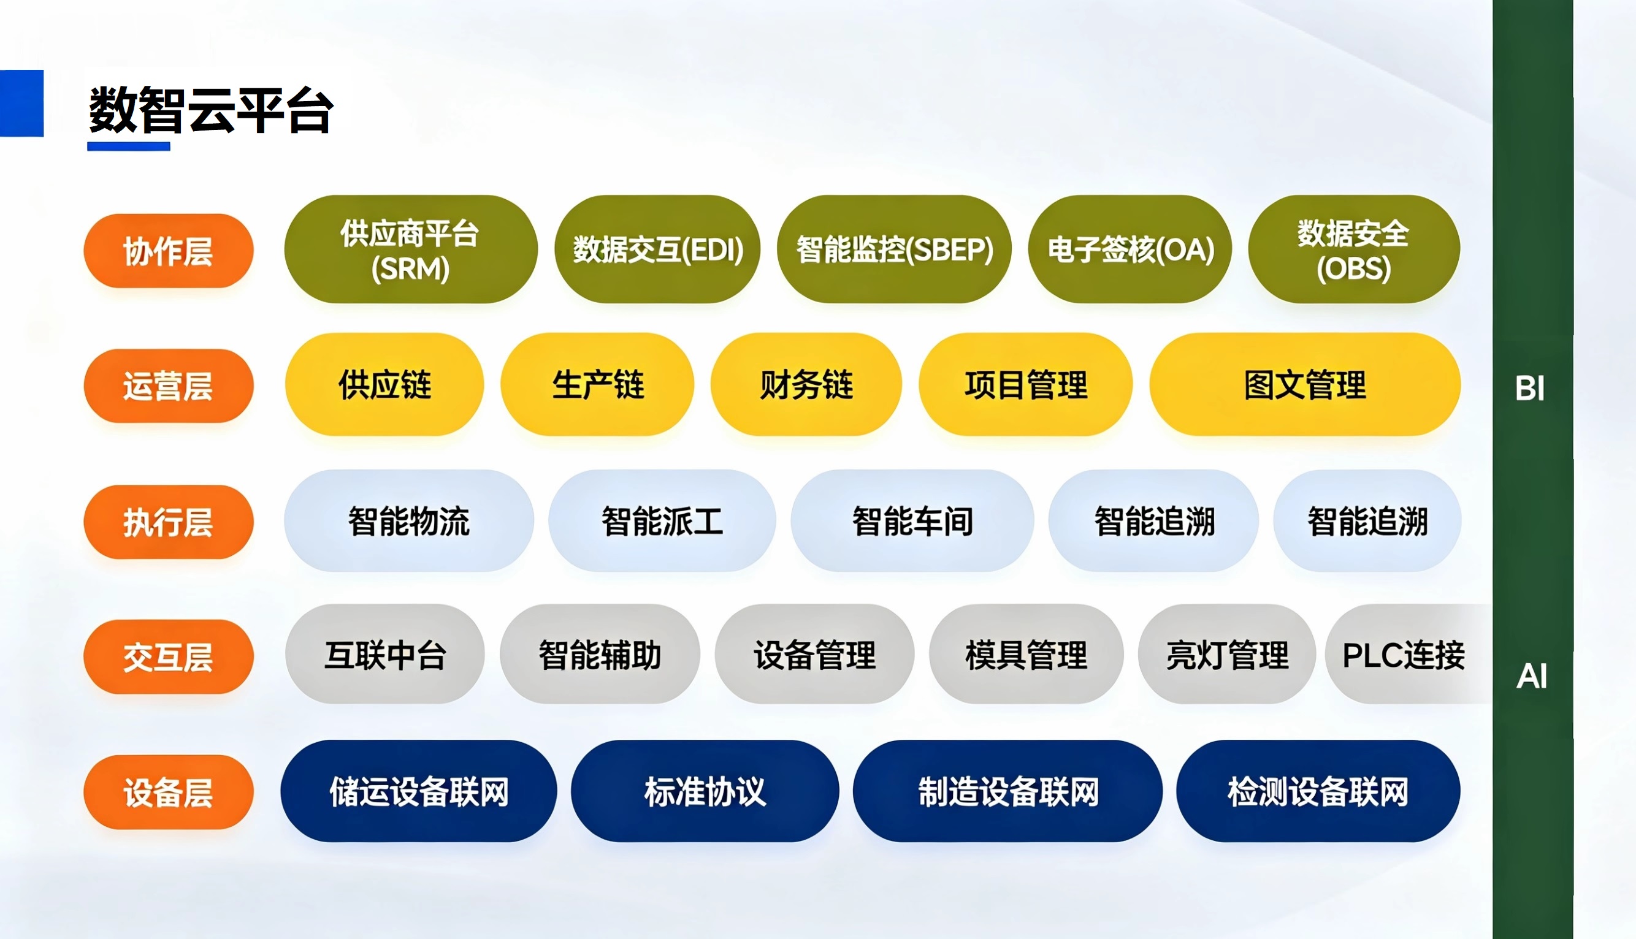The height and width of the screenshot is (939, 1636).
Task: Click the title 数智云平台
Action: [211, 110]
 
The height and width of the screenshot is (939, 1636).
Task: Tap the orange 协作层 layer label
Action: [169, 251]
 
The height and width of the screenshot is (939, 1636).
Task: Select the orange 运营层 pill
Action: [169, 386]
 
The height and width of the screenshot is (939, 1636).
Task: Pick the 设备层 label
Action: [169, 792]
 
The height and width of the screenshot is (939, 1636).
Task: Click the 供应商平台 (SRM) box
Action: [410, 249]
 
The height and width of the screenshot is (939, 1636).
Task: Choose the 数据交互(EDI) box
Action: [657, 249]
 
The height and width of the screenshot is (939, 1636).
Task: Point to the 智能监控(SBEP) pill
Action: [894, 249]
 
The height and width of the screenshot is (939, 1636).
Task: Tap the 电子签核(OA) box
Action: [1130, 249]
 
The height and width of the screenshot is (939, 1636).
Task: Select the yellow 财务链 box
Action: [806, 384]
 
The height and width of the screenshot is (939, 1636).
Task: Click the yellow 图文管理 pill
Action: [1305, 384]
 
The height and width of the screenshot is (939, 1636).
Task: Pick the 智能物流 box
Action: [409, 520]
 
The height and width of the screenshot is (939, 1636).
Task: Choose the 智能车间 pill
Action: [912, 520]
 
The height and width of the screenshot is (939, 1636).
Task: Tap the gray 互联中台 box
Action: [385, 654]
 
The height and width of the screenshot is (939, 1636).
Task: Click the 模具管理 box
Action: [1026, 654]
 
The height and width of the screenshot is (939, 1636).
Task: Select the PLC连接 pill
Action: [1406, 654]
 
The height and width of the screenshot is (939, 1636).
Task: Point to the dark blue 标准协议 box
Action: [705, 791]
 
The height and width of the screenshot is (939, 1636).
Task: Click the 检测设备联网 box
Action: [1318, 791]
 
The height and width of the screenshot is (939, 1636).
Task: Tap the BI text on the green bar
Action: [1530, 389]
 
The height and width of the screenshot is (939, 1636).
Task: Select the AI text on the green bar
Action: [1532, 677]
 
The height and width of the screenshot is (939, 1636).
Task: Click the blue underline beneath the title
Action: [129, 146]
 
